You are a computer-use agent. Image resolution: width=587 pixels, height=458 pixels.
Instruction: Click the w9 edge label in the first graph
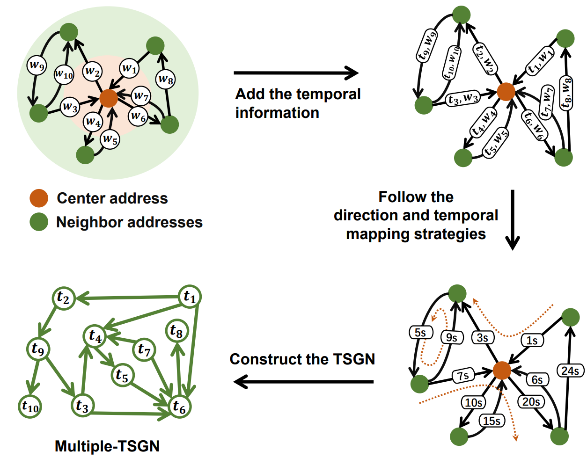pyautogui.click(x=37, y=65)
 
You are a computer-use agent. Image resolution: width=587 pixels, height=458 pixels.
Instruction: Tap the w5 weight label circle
pyautogui.click(x=110, y=139)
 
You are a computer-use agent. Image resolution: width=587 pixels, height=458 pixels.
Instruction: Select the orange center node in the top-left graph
pyautogui.click(x=109, y=98)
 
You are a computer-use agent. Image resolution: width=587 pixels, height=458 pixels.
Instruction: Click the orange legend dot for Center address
pyautogui.click(x=39, y=198)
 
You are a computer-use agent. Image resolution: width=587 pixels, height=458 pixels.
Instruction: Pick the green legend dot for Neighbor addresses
pyautogui.click(x=39, y=222)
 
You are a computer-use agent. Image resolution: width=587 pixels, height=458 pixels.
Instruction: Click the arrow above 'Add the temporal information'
pyautogui.click(x=296, y=73)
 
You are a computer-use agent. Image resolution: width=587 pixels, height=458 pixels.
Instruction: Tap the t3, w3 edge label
pyautogui.click(x=463, y=99)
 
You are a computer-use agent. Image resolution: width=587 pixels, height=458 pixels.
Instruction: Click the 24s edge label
pyautogui.click(x=570, y=371)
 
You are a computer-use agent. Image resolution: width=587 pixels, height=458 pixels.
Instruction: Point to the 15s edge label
pyautogui.click(x=492, y=421)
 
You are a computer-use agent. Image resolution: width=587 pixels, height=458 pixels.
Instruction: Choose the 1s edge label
pyautogui.click(x=532, y=340)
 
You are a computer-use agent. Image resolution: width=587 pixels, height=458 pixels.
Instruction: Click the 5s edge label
pyautogui.click(x=420, y=332)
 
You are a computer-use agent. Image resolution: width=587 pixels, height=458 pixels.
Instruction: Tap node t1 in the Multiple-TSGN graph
pyautogui.click(x=190, y=296)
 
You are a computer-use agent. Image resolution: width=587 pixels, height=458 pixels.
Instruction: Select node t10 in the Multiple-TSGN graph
pyautogui.click(x=30, y=407)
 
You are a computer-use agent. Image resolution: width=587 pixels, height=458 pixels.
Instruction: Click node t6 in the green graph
pyautogui.click(x=179, y=406)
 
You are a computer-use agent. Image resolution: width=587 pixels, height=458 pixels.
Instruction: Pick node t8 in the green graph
pyautogui.click(x=176, y=331)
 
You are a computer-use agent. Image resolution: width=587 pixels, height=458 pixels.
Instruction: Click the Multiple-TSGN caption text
pyautogui.click(x=107, y=446)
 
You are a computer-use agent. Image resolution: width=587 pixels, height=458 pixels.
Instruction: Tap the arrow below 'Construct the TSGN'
pyautogui.click(x=303, y=382)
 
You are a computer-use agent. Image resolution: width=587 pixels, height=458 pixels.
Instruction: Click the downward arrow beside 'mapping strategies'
pyautogui.click(x=513, y=219)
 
